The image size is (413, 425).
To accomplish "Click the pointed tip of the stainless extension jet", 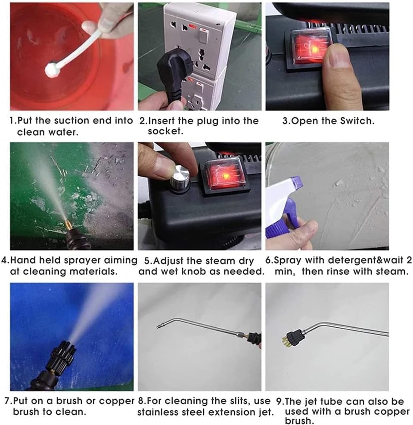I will tap(158, 326).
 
